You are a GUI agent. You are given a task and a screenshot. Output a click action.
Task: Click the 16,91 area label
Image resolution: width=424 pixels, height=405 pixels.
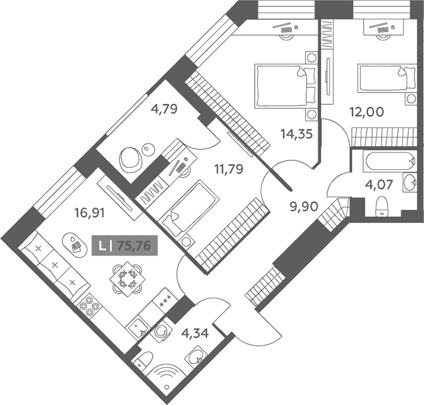pos(89,213)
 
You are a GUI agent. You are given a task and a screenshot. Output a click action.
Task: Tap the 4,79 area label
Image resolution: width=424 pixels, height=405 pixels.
pos(164,109)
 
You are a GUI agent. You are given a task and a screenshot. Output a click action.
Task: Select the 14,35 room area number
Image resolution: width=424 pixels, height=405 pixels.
pos(297,134)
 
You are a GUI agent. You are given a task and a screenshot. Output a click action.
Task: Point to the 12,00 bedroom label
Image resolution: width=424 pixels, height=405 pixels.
pos(366,112)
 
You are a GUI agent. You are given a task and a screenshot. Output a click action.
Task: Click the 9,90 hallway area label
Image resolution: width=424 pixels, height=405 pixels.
pos(304,207)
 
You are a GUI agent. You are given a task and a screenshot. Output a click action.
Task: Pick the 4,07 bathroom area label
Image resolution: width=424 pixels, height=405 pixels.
pos(379,185)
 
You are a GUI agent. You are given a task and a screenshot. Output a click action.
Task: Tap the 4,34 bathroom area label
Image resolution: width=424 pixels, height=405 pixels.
pos(195,333)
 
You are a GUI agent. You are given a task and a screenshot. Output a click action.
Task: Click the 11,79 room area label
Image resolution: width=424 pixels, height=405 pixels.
pos(229,169)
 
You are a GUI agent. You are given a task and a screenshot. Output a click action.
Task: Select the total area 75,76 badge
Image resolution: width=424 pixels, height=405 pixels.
pos(124,246)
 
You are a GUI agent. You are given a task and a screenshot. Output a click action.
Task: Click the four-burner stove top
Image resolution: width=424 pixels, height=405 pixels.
pos(89,307)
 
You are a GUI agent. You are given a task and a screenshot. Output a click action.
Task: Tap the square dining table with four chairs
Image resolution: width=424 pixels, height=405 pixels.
pos(127,279)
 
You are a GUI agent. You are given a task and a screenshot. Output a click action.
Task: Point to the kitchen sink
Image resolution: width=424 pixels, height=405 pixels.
pos(138,326)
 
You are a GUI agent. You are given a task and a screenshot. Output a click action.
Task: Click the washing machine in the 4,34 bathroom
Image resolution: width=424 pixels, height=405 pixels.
pos(161,331)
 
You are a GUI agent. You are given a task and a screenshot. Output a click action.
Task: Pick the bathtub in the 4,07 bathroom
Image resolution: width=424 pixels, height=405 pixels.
pos(390,161)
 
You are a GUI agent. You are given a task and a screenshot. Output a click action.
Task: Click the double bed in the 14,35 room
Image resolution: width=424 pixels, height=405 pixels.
pos(285,86)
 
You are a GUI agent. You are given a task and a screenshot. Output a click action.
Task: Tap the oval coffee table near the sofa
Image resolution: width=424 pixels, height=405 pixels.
pos(75,245)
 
